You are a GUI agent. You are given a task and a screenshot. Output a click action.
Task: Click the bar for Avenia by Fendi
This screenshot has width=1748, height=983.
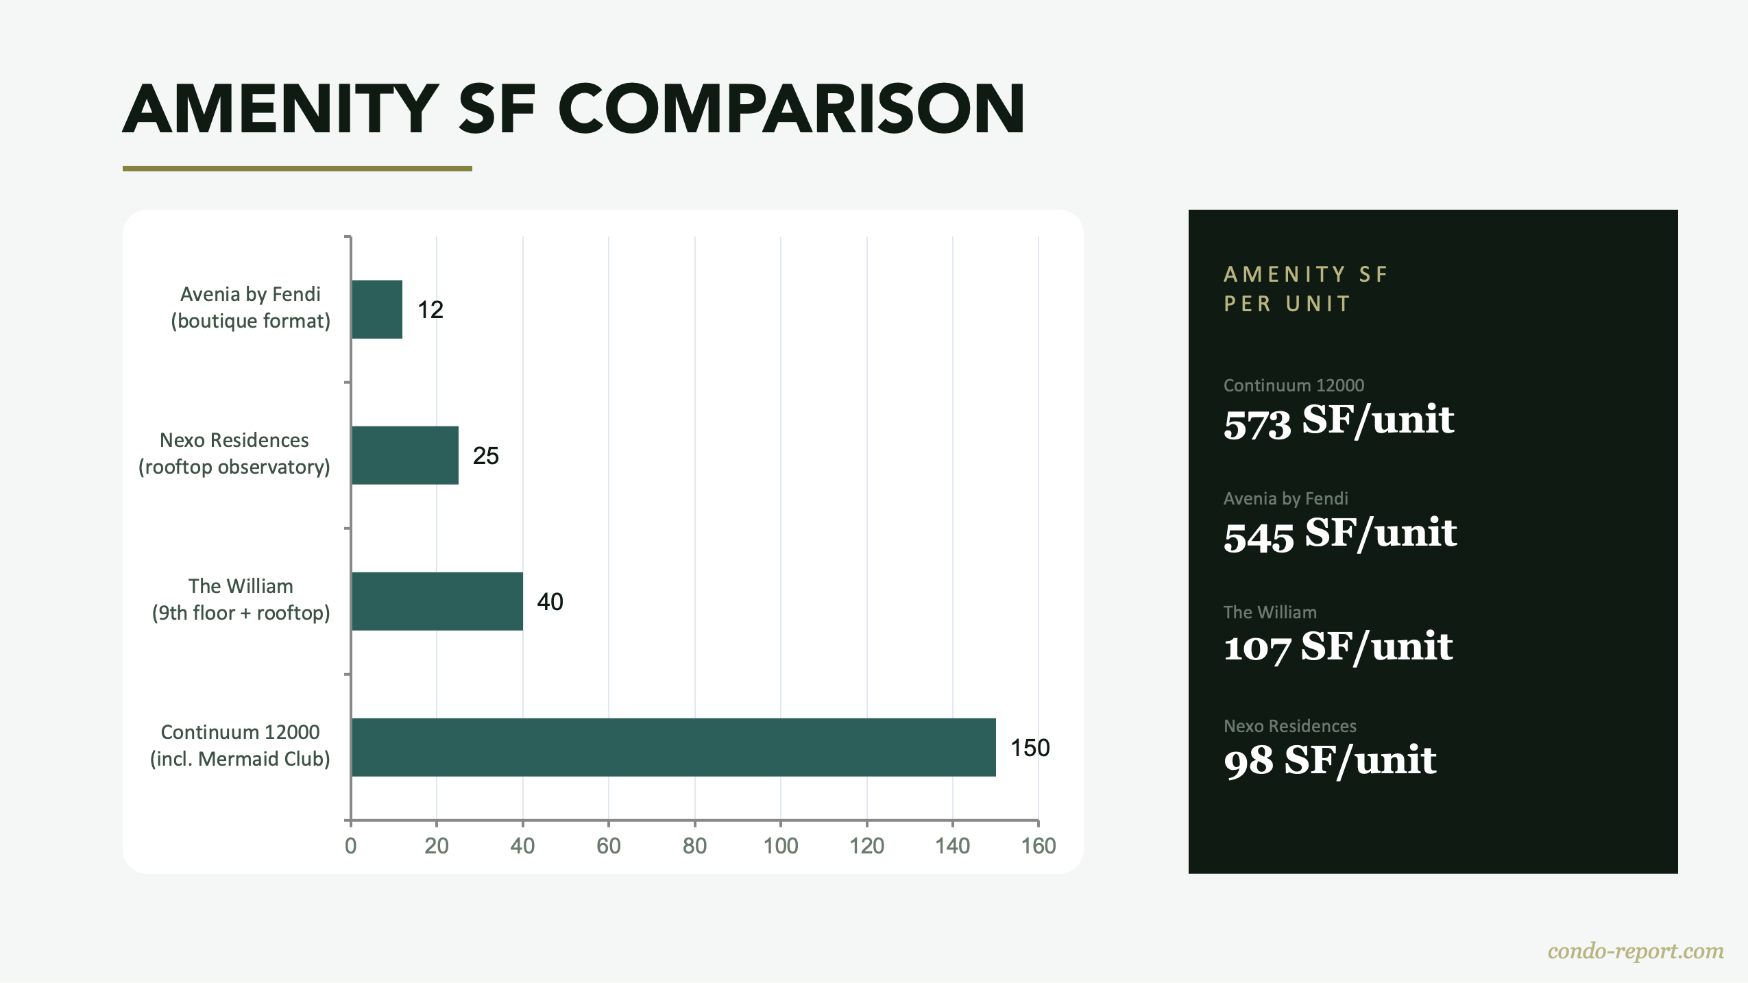tap(377, 309)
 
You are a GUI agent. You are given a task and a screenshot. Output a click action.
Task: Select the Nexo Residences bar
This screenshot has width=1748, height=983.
tap(404, 455)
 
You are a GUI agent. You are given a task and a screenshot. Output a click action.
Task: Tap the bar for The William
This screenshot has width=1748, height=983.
tap(437, 601)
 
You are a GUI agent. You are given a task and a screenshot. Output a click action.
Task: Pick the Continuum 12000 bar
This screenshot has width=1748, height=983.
tap(673, 747)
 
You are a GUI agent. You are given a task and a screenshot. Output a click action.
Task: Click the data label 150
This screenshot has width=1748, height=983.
tap(1030, 747)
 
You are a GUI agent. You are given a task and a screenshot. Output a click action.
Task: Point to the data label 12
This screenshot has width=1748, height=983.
tap(430, 310)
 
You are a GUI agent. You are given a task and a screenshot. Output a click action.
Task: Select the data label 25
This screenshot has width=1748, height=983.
tap(485, 456)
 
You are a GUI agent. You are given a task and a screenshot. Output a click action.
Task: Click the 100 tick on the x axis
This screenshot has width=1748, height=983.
tap(781, 846)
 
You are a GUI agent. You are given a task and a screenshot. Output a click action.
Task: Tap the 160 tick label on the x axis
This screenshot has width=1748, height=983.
tap(1038, 846)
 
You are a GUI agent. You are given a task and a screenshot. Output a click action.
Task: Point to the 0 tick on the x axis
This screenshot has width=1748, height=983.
tap(350, 846)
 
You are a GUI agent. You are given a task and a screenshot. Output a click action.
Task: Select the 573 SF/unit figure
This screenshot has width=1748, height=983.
tap(1338, 420)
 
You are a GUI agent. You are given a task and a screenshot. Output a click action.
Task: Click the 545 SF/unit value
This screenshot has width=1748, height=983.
tap(1339, 533)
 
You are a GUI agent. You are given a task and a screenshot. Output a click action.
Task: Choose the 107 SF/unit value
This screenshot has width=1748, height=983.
tap(1337, 647)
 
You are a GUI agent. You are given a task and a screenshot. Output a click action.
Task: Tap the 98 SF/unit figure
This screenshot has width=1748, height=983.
tap(1329, 760)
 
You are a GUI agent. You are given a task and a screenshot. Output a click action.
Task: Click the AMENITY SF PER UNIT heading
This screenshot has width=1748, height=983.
tap(1305, 289)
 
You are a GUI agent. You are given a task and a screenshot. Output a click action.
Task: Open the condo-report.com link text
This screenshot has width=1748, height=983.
tap(1635, 951)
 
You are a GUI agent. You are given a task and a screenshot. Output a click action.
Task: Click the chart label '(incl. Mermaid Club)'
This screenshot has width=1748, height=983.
tap(240, 759)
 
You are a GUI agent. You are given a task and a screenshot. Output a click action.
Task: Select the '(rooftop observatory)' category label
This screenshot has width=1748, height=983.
tap(234, 467)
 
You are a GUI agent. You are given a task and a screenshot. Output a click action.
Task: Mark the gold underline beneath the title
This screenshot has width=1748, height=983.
tap(297, 168)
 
